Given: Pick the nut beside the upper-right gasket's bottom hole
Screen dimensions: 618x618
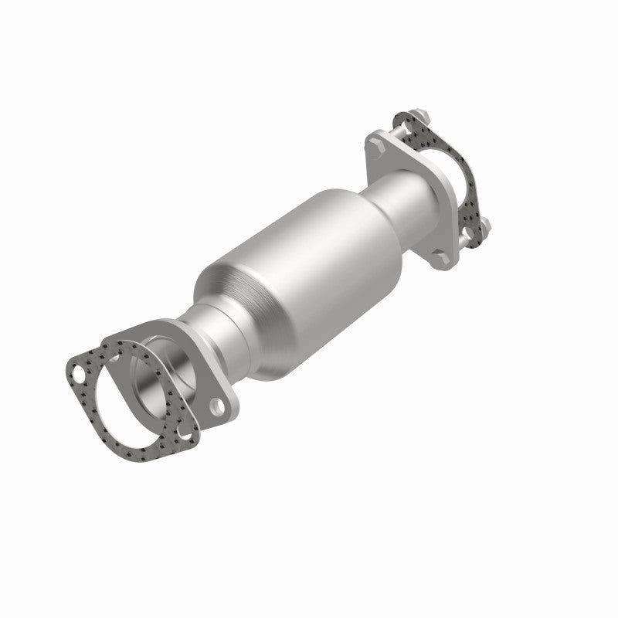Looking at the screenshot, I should pyautogui.click(x=487, y=225).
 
